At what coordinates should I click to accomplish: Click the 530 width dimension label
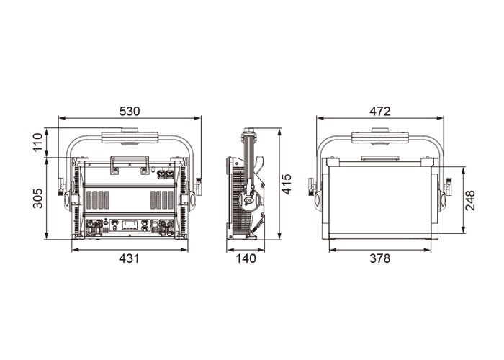coord(130,111)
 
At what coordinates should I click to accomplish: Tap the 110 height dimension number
coord(38,142)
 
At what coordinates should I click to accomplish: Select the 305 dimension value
coord(38,198)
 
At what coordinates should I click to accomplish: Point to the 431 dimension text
coord(129,258)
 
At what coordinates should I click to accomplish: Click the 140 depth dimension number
coord(246,258)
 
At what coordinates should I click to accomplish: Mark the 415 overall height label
coord(287,184)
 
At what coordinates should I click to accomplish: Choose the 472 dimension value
coord(380,111)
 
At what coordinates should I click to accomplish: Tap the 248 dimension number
coord(470,200)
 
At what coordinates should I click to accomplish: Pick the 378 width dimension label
coord(380,258)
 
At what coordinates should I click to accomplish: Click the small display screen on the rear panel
coord(130,223)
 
